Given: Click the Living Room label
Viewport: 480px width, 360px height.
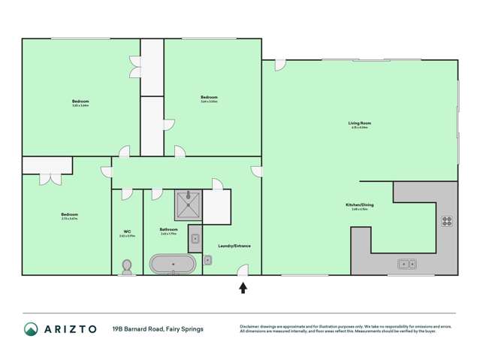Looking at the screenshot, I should click(x=359, y=123).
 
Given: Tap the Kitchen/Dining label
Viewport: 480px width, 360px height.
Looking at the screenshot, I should click(x=359, y=204).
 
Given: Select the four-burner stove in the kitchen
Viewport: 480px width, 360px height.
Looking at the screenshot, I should click(x=447, y=221).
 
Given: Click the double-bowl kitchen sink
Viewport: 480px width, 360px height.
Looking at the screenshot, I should click(x=406, y=264).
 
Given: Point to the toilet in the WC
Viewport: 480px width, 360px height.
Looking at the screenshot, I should click(x=127, y=267).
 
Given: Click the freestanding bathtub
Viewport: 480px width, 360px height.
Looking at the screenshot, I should click(x=173, y=265).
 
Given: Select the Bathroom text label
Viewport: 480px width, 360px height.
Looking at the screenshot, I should click(x=168, y=229).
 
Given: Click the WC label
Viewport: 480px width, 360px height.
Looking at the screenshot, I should click(x=126, y=231).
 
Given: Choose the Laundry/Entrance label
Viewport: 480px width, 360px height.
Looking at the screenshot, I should click(x=234, y=246).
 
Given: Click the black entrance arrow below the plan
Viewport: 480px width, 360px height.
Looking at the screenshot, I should click(x=243, y=287).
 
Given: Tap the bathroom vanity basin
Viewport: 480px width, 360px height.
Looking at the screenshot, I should click(x=195, y=239).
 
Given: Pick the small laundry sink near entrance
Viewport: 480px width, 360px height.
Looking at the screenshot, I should click(x=207, y=260).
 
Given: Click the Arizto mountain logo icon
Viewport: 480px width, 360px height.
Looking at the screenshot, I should click(x=31, y=328).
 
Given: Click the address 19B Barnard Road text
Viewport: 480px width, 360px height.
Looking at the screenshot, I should click(x=157, y=328).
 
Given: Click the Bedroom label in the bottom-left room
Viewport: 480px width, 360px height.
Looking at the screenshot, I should click(x=69, y=214).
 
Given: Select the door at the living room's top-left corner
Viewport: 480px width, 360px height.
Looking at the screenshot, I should click(x=279, y=65).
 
